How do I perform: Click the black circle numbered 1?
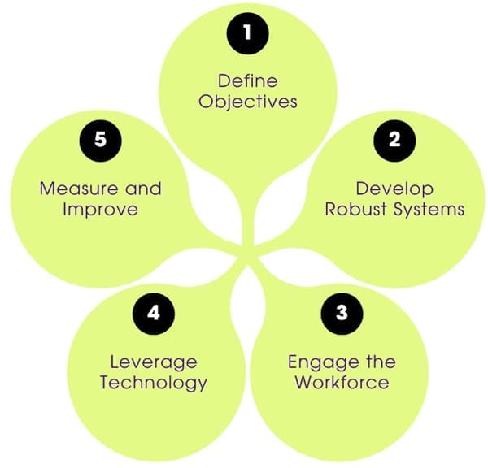(x=247, y=32)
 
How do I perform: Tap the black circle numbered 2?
(x=394, y=139)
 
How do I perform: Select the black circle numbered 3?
(x=342, y=312)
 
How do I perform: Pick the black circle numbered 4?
(x=153, y=312)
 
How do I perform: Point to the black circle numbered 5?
(x=100, y=139)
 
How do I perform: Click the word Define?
(x=247, y=81)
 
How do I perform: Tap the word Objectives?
(x=247, y=103)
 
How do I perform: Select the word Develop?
(x=394, y=188)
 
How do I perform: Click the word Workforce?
(x=342, y=383)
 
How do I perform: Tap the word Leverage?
(x=154, y=361)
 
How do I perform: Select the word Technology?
(x=154, y=383)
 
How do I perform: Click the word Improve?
(x=101, y=210)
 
